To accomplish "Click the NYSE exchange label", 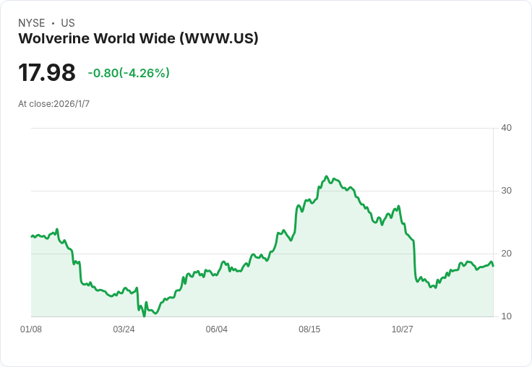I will (31, 23).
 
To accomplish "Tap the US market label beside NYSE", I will (68, 23).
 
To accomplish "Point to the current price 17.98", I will (47, 72).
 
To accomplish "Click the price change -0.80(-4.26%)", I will (129, 73).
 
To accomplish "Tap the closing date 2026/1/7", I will (72, 104).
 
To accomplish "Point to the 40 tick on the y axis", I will (506, 128).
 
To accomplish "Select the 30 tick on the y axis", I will (506, 191).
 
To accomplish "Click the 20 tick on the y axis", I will (506, 254).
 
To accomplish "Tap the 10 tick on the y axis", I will (506, 316).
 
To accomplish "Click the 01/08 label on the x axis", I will (31, 329).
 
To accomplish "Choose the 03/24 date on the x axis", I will (124, 329).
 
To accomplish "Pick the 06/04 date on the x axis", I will (217, 329).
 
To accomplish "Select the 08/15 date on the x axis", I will (309, 329).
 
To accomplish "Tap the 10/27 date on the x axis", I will (403, 329).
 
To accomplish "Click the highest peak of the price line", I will (327, 176).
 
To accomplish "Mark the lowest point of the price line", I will (144, 316).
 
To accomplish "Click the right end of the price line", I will (493, 266).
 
